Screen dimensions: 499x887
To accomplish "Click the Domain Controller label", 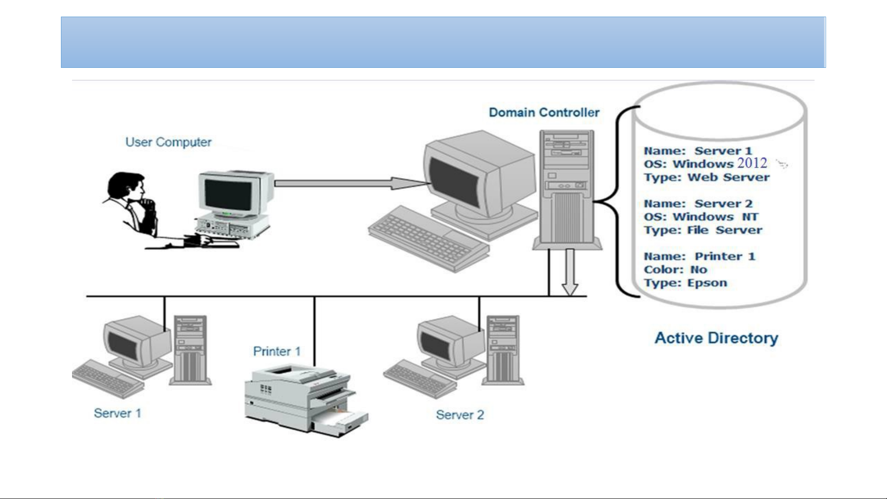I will (544, 113).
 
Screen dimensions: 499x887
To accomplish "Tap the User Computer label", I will (169, 142).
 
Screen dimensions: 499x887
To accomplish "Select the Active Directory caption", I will (716, 338).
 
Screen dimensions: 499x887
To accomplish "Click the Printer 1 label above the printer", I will (277, 352).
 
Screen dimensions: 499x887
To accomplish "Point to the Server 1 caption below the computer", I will (117, 413).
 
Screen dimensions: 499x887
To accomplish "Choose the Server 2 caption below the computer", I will (460, 415).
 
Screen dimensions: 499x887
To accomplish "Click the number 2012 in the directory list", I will (752, 163).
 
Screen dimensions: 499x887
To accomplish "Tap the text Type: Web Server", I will (706, 178).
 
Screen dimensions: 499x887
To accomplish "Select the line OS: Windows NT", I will (701, 217).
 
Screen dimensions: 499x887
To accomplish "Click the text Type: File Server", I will (703, 230).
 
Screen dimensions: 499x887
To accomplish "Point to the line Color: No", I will (675, 270).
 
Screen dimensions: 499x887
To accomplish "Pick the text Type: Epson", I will (685, 283).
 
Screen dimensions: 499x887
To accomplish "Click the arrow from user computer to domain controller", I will (351, 183).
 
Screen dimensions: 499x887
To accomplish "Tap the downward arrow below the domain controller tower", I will (570, 272).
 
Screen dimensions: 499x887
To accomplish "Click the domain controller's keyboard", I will (428, 239).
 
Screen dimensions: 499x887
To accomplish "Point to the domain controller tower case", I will (567, 189).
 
